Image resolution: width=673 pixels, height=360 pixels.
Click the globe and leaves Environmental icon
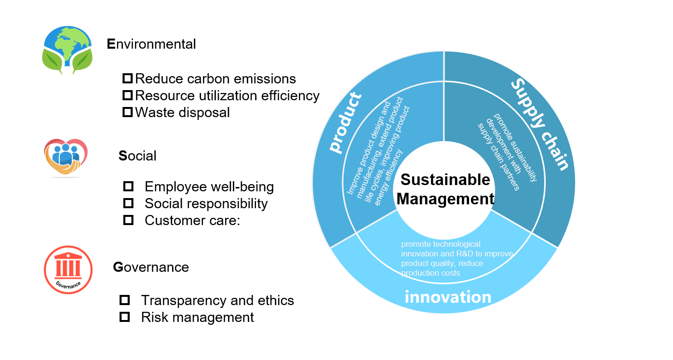(x=67, y=50)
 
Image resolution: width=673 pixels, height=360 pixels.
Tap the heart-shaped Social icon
(x=66, y=157)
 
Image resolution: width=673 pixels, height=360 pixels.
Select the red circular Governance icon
(x=68, y=269)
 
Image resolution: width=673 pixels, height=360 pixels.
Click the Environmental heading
(x=151, y=44)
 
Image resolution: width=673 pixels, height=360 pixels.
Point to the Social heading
(x=137, y=156)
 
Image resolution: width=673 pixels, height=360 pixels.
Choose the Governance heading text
(x=151, y=267)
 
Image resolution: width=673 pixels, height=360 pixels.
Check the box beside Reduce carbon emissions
(x=127, y=79)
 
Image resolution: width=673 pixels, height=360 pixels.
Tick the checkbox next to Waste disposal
(x=127, y=112)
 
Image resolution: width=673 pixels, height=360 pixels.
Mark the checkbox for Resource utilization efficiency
(x=127, y=95)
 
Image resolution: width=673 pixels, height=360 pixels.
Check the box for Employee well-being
(x=128, y=187)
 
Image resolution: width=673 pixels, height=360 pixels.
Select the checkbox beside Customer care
(x=128, y=220)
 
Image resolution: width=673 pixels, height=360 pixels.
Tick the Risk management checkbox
(x=125, y=317)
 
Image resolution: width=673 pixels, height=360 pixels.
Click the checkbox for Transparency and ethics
(x=125, y=300)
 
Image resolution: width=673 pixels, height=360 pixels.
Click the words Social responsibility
(x=206, y=203)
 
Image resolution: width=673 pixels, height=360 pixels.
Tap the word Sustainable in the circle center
(x=445, y=180)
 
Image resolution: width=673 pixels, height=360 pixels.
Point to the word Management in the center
(x=445, y=199)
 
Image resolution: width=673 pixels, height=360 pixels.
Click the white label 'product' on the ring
(x=346, y=123)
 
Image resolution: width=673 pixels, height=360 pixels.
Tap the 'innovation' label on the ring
(x=448, y=297)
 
